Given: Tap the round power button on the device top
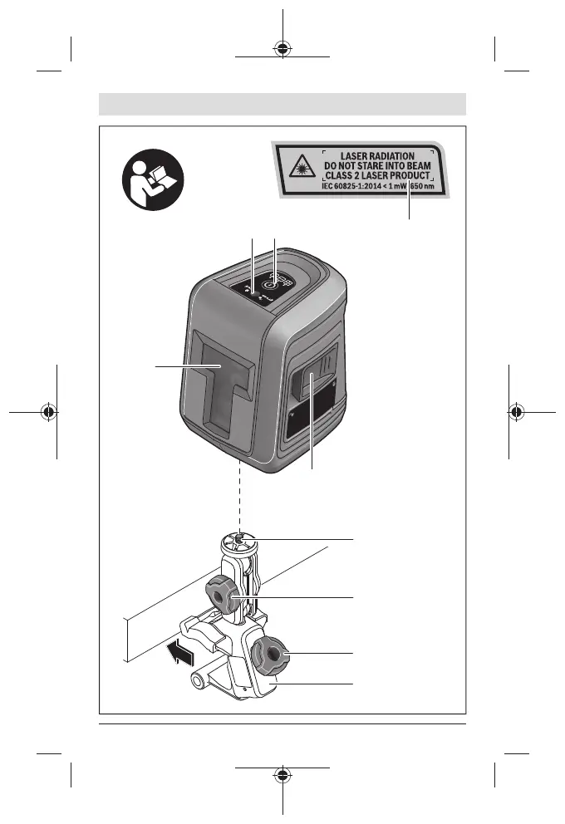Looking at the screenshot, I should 268,283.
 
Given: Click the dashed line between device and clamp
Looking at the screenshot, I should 241,494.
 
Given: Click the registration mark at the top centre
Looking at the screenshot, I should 283,47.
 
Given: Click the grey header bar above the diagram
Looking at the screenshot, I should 282,105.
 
